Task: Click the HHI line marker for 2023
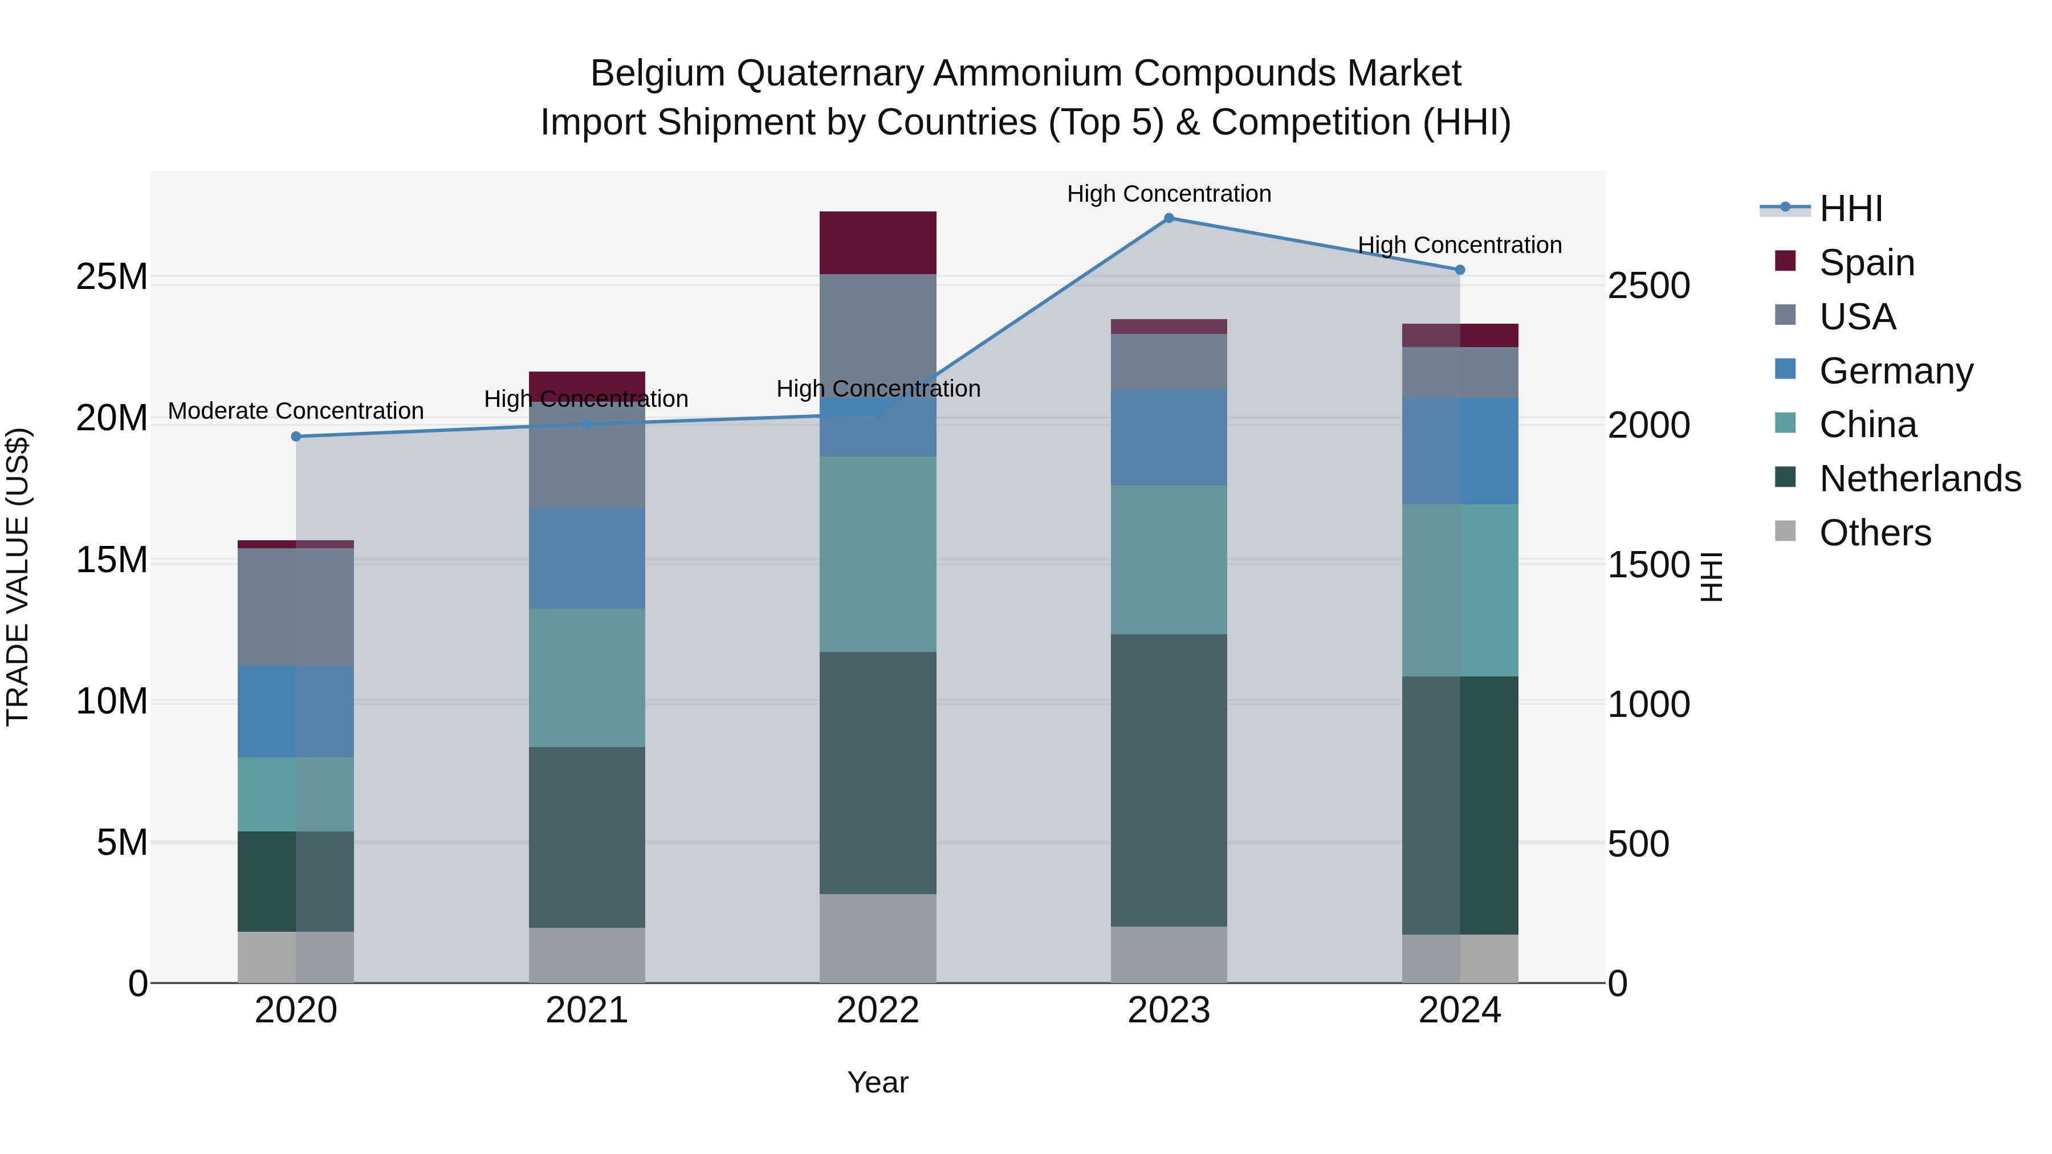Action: click(1168, 218)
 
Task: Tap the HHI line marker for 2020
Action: click(296, 437)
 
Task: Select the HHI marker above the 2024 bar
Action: click(1459, 270)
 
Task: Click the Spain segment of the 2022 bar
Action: click(878, 243)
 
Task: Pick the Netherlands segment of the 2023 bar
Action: click(1168, 781)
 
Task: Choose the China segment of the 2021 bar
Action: click(587, 678)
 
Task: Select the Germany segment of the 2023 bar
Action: click(1168, 438)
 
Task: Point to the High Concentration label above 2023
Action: click(1168, 194)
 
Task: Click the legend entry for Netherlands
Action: click(1920, 479)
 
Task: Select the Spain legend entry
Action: click(1866, 263)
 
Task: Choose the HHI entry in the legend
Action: click(1850, 209)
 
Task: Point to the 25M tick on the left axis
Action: click(112, 277)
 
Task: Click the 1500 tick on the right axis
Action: click(1648, 565)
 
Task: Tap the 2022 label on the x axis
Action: click(878, 1010)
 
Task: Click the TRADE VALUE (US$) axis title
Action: click(18, 577)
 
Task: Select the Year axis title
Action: click(878, 1082)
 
